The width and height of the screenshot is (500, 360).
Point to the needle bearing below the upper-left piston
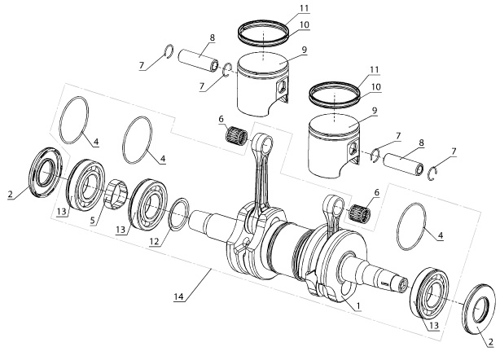236,134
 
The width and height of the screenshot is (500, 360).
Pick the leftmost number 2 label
9,195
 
